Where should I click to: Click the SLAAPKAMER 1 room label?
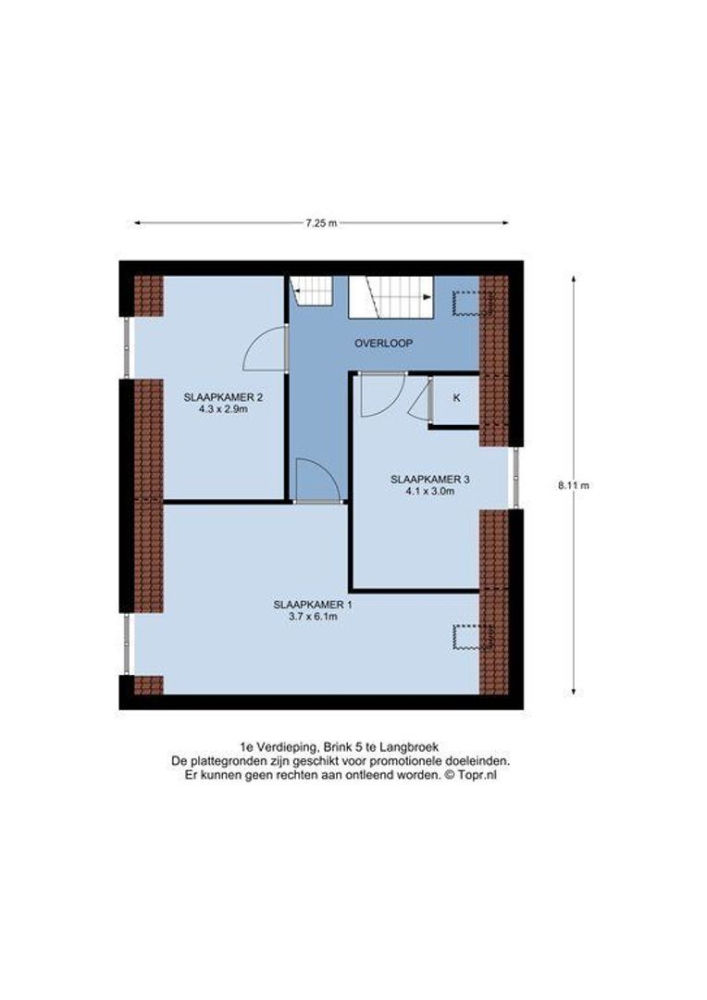(312, 605)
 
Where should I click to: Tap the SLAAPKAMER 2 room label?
(223, 397)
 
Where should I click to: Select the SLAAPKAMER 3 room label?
(430, 479)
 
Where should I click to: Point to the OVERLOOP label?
(383, 343)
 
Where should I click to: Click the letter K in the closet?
(456, 397)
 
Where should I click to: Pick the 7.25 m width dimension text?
(321, 223)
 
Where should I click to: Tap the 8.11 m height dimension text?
(574, 484)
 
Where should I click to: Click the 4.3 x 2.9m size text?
(223, 409)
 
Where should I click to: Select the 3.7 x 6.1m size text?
(312, 617)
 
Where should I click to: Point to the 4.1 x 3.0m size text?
(430, 492)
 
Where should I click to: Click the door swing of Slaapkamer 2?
(263, 350)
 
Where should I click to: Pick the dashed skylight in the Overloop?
(469, 303)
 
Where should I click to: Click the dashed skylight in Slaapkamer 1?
(471, 637)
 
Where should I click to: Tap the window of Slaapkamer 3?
(515, 478)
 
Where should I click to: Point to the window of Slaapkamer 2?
(129, 349)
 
